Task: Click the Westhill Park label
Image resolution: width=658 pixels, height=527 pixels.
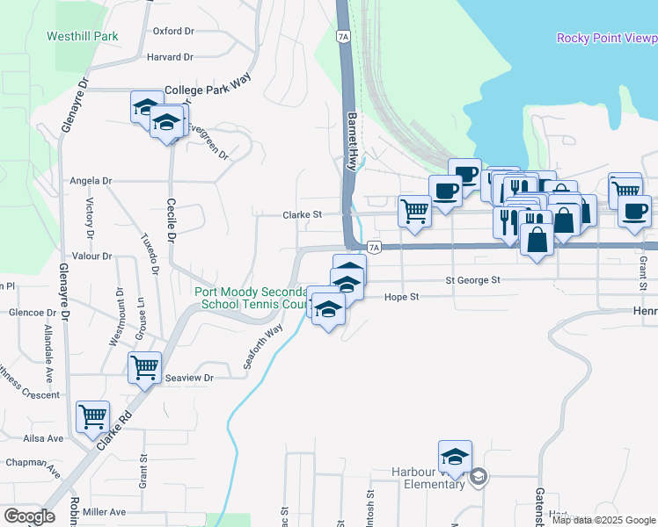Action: [83, 37]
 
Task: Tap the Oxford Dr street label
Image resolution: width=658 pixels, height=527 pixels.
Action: [172, 31]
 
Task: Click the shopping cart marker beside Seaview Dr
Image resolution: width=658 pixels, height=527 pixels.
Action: [144, 367]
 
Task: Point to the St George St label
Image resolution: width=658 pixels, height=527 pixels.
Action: [472, 280]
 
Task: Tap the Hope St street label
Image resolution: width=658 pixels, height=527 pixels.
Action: [401, 298]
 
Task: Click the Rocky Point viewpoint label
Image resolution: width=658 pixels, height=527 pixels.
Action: [607, 38]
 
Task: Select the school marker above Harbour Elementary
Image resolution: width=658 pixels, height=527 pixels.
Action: [455, 457]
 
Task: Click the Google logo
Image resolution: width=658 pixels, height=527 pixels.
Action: [29, 516]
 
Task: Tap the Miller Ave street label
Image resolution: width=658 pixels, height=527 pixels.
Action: [106, 512]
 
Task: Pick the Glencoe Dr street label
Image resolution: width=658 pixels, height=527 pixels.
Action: [32, 313]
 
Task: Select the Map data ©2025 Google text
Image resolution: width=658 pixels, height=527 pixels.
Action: [603, 519]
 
